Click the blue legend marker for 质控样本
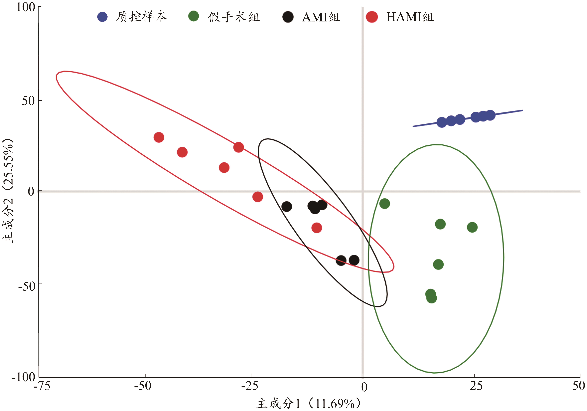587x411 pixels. tap(103, 17)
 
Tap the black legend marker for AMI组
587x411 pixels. tap(288, 17)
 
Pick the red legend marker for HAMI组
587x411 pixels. tap(372, 17)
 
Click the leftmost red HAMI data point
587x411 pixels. tap(159, 137)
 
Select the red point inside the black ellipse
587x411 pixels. tap(317, 228)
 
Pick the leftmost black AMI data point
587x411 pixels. tap(287, 206)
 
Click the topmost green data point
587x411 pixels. tap(384, 204)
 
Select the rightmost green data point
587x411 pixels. tap(472, 227)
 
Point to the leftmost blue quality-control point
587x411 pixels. tap(442, 122)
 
